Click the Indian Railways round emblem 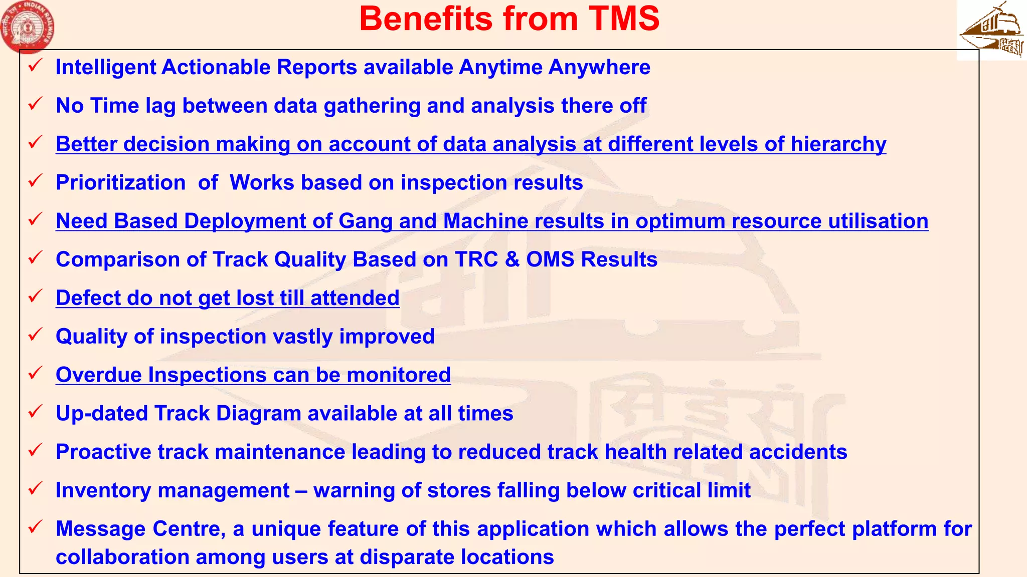[x=28, y=26]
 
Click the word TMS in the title [x=624, y=19]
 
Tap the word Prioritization [x=121, y=183]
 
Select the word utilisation [x=878, y=221]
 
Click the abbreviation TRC [x=476, y=259]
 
